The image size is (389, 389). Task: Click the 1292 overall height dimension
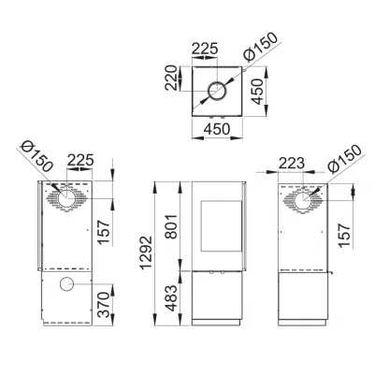coord(146,252)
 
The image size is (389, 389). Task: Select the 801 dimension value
coord(171,226)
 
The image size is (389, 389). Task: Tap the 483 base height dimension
coord(171,298)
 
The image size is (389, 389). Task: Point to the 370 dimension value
coord(104,305)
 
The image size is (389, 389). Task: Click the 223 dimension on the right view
coord(292,163)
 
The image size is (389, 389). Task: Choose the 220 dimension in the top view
coord(171,78)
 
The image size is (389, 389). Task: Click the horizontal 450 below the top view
coord(217,129)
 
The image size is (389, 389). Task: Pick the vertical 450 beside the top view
coord(257,92)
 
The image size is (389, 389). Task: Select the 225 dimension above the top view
coord(205,49)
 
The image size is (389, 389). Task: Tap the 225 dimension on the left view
coord(80,160)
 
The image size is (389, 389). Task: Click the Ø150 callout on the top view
coord(261,47)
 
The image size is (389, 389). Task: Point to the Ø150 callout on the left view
coord(36,156)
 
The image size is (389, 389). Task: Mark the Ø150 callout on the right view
coord(345,159)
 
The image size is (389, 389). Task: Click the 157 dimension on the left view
coord(104,233)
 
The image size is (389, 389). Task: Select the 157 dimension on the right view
coord(344,236)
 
